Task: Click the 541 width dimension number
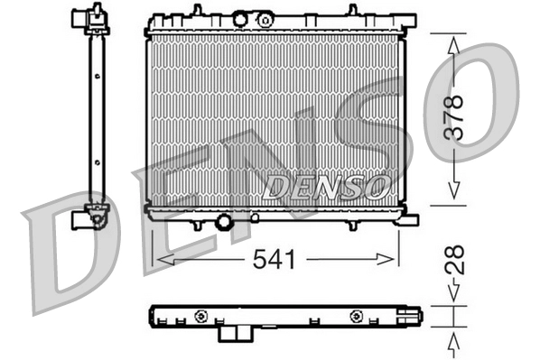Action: (x=273, y=260)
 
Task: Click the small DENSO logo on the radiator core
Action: (x=327, y=187)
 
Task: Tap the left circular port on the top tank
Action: (x=240, y=18)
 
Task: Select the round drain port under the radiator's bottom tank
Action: (x=223, y=221)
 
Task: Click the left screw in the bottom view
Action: (x=201, y=316)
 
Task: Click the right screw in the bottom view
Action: (x=358, y=316)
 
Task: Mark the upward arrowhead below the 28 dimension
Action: (x=456, y=337)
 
